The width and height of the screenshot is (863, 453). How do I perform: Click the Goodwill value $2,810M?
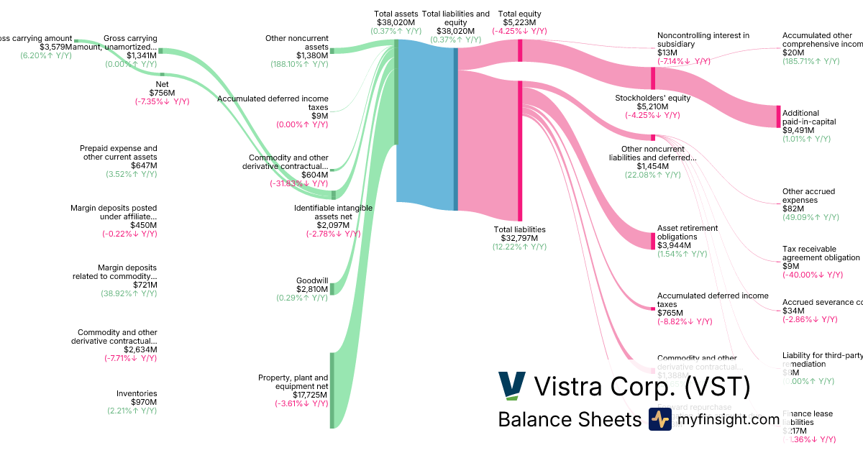313,289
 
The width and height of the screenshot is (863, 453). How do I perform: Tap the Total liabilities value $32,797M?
515,238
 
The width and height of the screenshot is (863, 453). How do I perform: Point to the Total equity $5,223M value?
519,22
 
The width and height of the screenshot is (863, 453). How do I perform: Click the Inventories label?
137,393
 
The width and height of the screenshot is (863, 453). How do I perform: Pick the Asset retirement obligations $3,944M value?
674,245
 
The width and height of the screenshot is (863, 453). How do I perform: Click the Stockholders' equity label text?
652,98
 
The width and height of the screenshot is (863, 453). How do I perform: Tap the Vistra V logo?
512,386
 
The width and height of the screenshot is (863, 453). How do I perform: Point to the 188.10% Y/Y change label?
302,64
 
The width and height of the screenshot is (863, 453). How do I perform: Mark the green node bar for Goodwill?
332,289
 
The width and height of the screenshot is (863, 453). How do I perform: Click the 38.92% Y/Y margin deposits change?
129,293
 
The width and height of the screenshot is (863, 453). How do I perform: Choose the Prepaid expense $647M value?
143,165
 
